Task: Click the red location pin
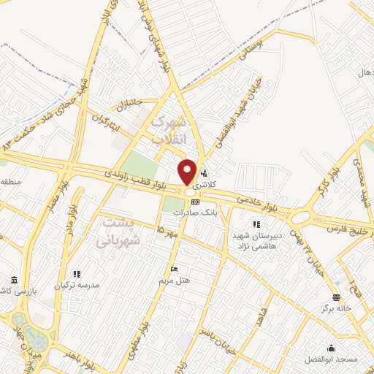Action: tap(188, 172)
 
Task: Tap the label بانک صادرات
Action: tap(196, 212)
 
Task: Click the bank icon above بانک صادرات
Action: tap(195, 202)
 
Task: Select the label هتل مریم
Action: tap(174, 280)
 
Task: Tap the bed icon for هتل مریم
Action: tap(174, 269)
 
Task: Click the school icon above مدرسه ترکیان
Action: tap(77, 274)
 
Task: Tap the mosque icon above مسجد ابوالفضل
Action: tap(332, 347)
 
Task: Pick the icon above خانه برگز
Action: tap(336, 297)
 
